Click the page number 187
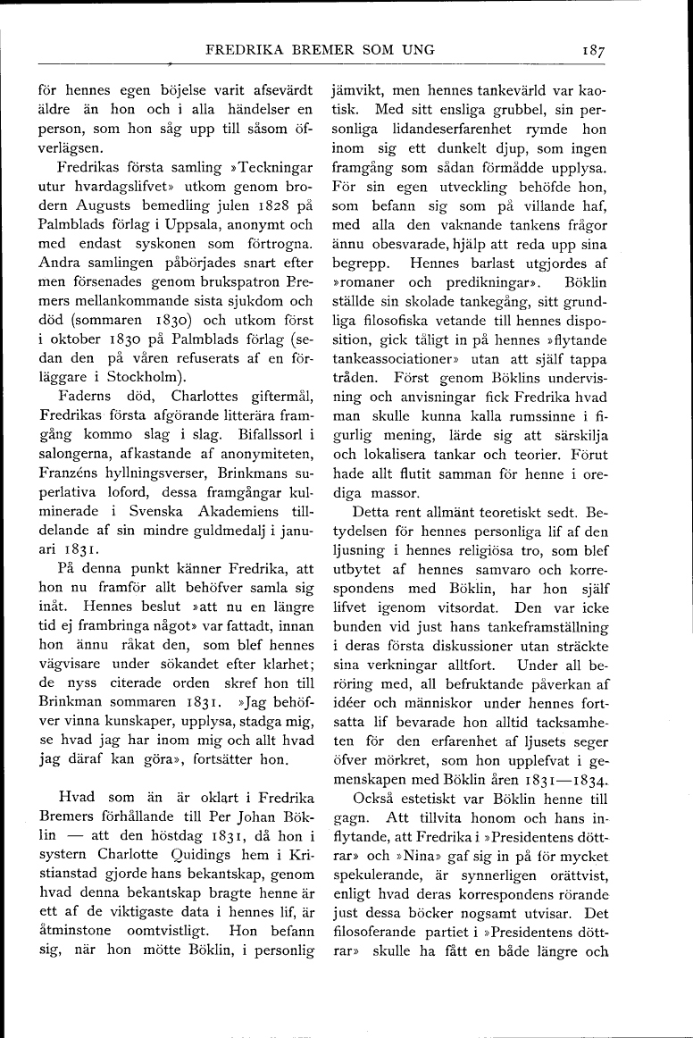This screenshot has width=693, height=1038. [593, 51]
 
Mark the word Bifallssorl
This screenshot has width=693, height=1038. [263, 435]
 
